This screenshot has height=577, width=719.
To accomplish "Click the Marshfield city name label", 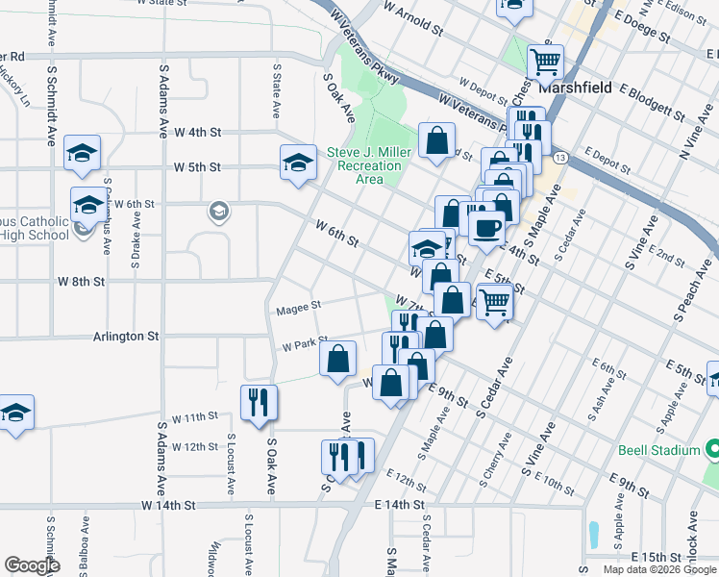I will (x=575, y=87).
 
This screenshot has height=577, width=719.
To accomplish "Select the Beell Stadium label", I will (x=664, y=449).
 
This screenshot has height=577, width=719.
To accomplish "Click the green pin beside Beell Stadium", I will (x=711, y=449).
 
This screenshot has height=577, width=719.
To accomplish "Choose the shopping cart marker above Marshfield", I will (x=545, y=63).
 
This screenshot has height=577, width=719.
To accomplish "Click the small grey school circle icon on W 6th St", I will (x=219, y=212).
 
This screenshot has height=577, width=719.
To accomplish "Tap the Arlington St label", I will (x=126, y=337).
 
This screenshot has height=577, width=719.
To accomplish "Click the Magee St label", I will (x=297, y=308).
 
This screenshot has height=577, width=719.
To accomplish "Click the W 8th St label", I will (x=80, y=282).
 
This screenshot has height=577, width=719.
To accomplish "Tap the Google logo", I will (x=32, y=565).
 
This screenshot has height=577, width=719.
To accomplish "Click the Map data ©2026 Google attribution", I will (x=658, y=569).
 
